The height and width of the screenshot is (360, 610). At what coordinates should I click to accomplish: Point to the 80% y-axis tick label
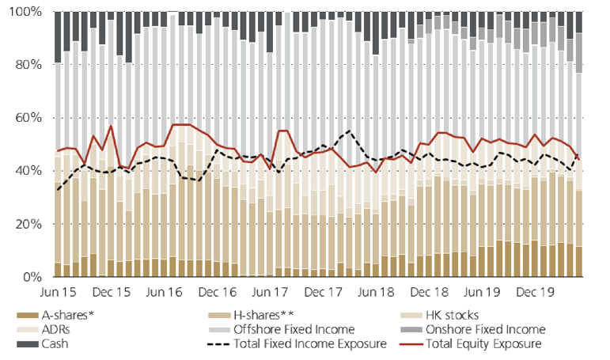[27, 64]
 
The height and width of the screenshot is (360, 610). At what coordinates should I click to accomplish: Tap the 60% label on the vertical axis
[27, 117]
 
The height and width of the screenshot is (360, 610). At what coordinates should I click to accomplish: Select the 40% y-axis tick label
[27, 170]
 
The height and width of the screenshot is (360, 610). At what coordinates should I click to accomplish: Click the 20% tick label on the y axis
[27, 224]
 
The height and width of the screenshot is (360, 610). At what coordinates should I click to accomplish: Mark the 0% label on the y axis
[30, 277]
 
